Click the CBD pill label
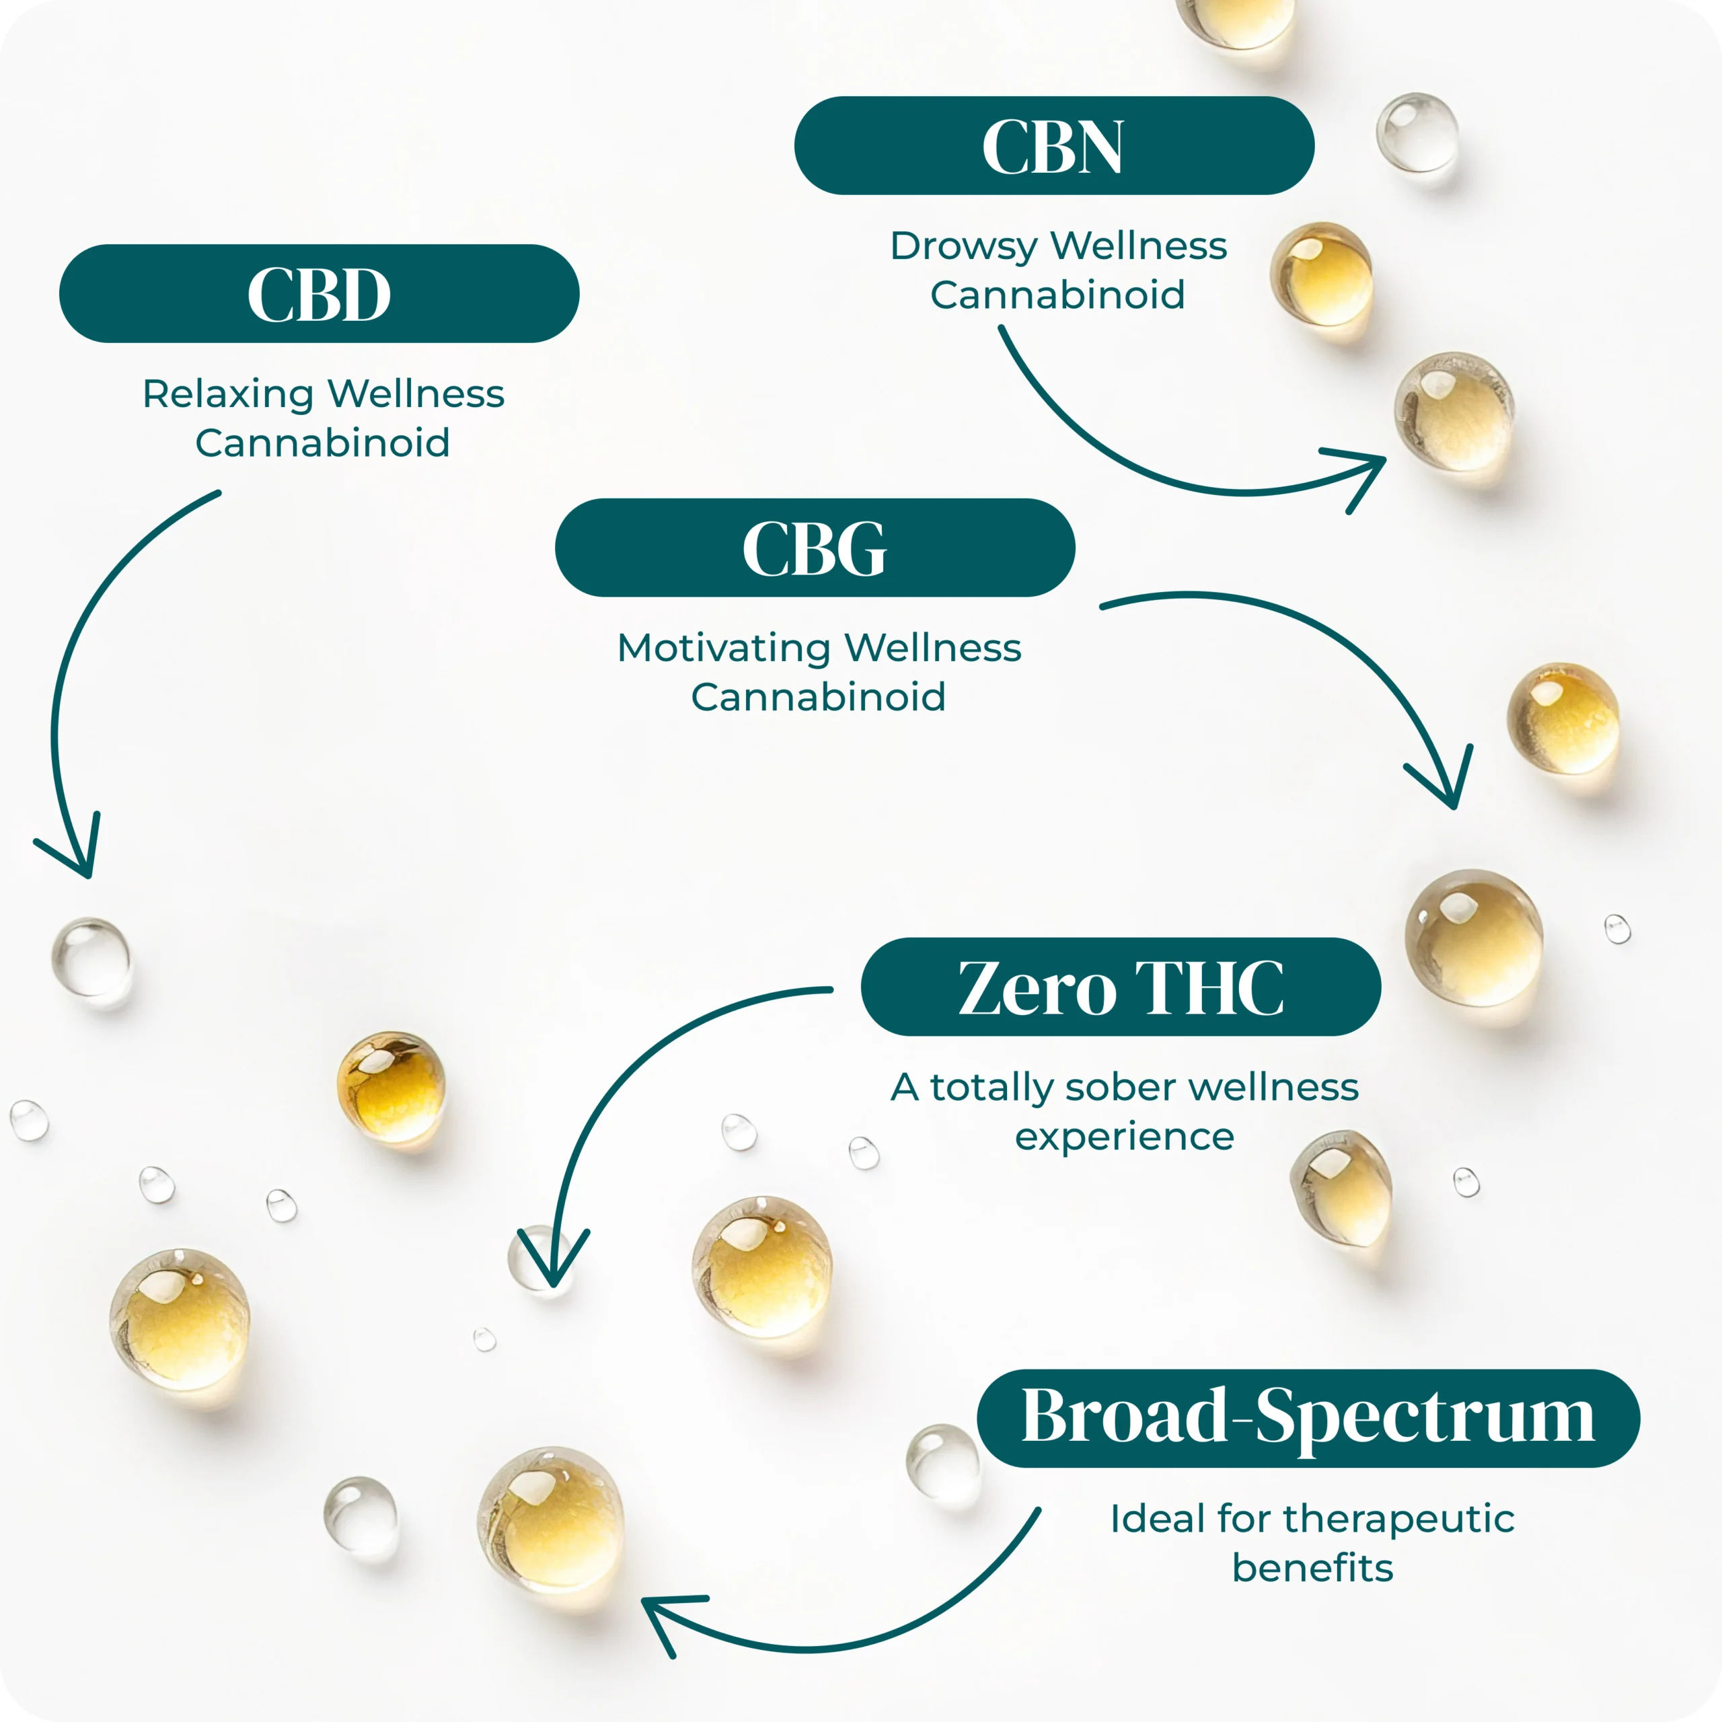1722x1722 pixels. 319,293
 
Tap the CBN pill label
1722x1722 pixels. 1053,145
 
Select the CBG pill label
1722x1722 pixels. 815,548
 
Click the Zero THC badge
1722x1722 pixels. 1121,987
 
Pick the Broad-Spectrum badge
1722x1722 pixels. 1308,1418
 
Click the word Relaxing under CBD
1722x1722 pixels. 227,394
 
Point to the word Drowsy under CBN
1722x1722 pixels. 965,246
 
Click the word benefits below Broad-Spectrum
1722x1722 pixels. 1312,1568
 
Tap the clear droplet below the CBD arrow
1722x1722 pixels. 91,958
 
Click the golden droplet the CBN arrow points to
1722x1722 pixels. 1454,411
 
